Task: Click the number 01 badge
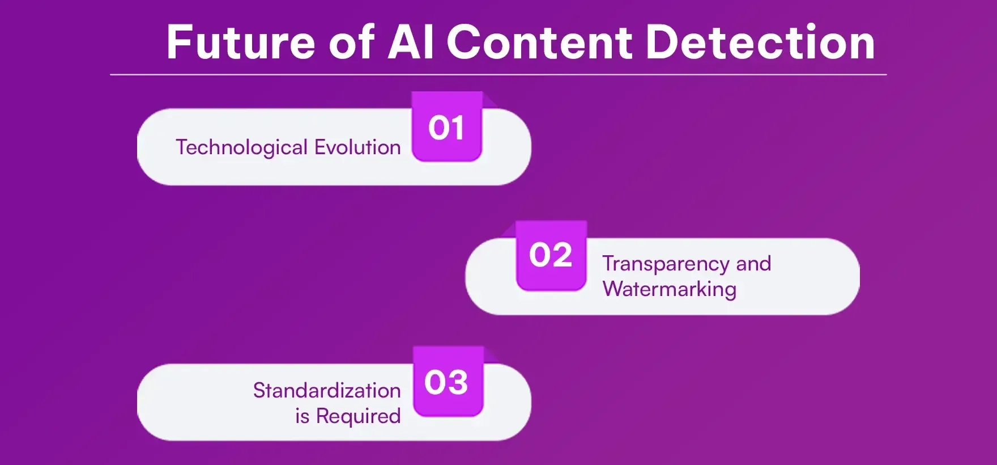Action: pyautogui.click(x=446, y=128)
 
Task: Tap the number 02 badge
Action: pyautogui.click(x=551, y=255)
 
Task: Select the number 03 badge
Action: pyautogui.click(x=447, y=382)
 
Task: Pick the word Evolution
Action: pyautogui.click(x=357, y=147)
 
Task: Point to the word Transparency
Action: pyautogui.click(x=666, y=264)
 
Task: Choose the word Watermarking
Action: pyautogui.click(x=669, y=289)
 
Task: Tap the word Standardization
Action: pyautogui.click(x=327, y=390)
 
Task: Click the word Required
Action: pyautogui.click(x=358, y=416)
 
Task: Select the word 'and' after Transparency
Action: pyautogui.click(x=753, y=264)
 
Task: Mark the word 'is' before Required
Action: pyautogui.click(x=302, y=416)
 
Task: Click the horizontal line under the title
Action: pyautogui.click(x=499, y=74)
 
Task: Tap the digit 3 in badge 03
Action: pyautogui.click(x=458, y=382)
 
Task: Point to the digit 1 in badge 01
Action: pyautogui.click(x=458, y=128)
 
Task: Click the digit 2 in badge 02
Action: pyautogui.click(x=561, y=255)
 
